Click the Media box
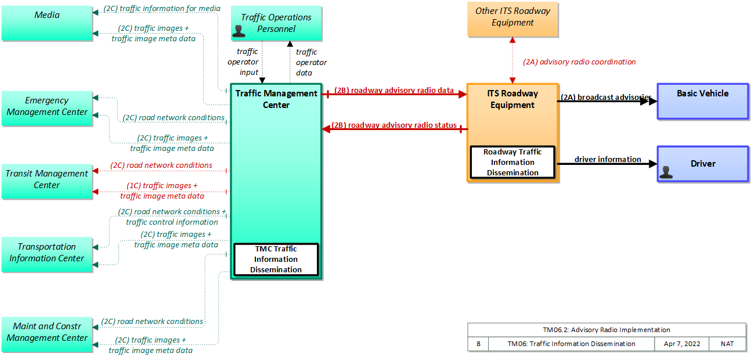pyautogui.click(x=47, y=23)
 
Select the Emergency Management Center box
pyautogui.click(x=47, y=109)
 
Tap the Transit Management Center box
pyautogui.click(x=47, y=182)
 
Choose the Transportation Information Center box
pyautogui.click(x=47, y=254)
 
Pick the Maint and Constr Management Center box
pyautogui.click(x=47, y=334)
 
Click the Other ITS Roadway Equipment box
pyautogui.click(x=512, y=19)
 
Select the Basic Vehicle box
pyautogui.click(x=703, y=102)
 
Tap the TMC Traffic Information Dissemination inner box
pyautogui.click(x=276, y=260)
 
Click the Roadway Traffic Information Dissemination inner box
pyautogui.click(x=512, y=163)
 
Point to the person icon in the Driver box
pyautogui.click(x=666, y=172)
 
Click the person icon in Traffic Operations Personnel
pyautogui.click(x=239, y=31)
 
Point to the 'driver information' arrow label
pyautogui.click(x=608, y=159)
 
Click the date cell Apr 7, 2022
pyautogui.click(x=682, y=344)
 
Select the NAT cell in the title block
pyautogui.click(x=727, y=344)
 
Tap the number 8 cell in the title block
pyautogui.click(x=478, y=344)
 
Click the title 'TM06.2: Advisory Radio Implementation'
pyautogui.click(x=606, y=330)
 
